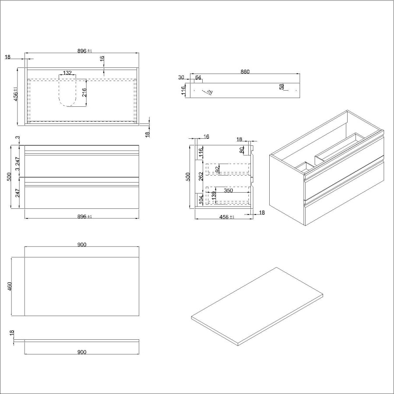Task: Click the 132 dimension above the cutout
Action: tap(67, 73)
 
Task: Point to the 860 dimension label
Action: tap(245, 72)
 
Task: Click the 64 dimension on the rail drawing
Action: tap(198, 78)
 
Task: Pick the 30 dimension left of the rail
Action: tap(181, 78)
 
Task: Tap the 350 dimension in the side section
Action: tap(228, 191)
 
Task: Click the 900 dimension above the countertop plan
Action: tap(81, 244)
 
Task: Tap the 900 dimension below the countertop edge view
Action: tap(81, 352)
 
